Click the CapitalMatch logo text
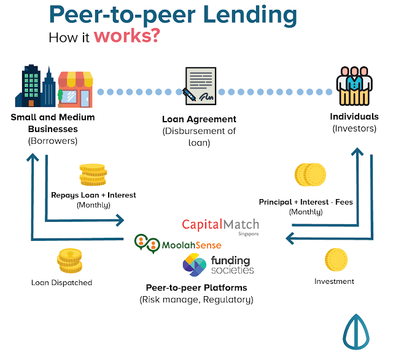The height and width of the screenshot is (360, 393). click(x=220, y=225)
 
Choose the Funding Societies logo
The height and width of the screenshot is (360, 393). click(x=218, y=265)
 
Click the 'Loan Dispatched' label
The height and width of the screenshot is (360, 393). click(x=61, y=283)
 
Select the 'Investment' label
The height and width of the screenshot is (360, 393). click(x=334, y=281)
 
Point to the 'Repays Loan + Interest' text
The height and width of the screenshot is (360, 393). click(x=93, y=195)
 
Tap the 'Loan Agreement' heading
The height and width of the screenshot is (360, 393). click(x=199, y=119)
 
